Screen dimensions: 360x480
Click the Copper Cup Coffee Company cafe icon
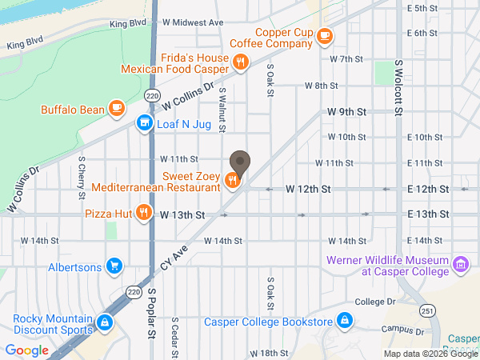tap(324, 35)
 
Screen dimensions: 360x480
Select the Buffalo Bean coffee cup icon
tap(117, 106)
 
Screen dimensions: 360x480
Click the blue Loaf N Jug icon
tap(144, 122)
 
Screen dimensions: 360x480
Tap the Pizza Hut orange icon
tap(143, 212)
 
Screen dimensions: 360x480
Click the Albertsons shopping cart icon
tap(115, 266)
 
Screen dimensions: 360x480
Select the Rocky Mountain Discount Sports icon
tap(104, 322)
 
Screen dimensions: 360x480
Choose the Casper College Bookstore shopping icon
tap(345, 322)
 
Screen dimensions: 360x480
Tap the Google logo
tap(27, 350)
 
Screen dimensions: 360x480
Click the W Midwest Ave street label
tap(194, 23)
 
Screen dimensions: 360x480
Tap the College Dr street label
tap(375, 302)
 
